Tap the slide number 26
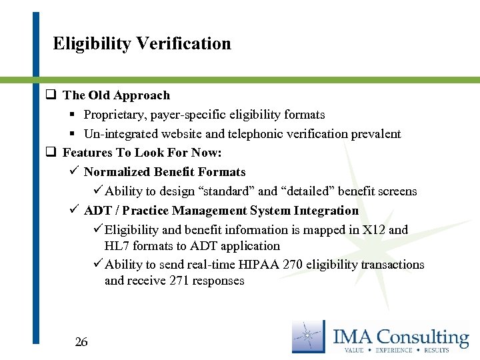(81, 342)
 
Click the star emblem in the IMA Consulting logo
(309, 337)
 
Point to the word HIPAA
(262, 265)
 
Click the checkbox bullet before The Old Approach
(50, 95)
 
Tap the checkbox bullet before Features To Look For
(50, 153)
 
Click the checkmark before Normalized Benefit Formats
(74, 172)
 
